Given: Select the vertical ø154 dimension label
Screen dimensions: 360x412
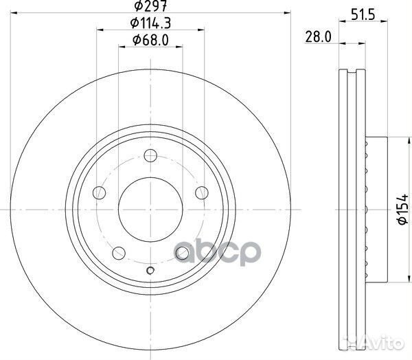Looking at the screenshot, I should (x=402, y=207).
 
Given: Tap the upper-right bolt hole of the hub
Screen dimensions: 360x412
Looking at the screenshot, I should (x=201, y=192).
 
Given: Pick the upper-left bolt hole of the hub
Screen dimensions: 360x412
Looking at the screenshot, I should (x=99, y=192).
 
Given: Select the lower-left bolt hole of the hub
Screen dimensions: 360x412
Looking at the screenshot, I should (x=118, y=252).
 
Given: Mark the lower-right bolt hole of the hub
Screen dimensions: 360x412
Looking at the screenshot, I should (x=182, y=253).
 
